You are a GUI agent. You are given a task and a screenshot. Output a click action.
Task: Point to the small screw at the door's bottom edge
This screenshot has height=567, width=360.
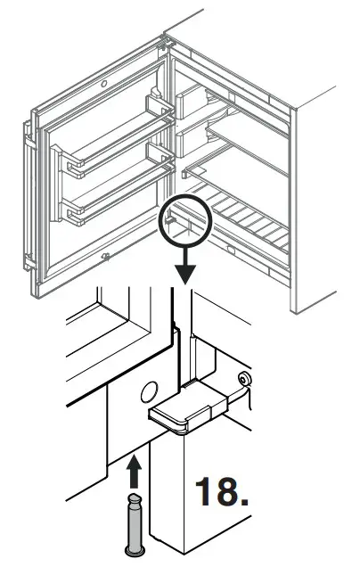[x=105, y=259]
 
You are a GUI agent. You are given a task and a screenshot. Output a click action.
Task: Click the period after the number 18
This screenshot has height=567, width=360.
[x=243, y=504]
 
